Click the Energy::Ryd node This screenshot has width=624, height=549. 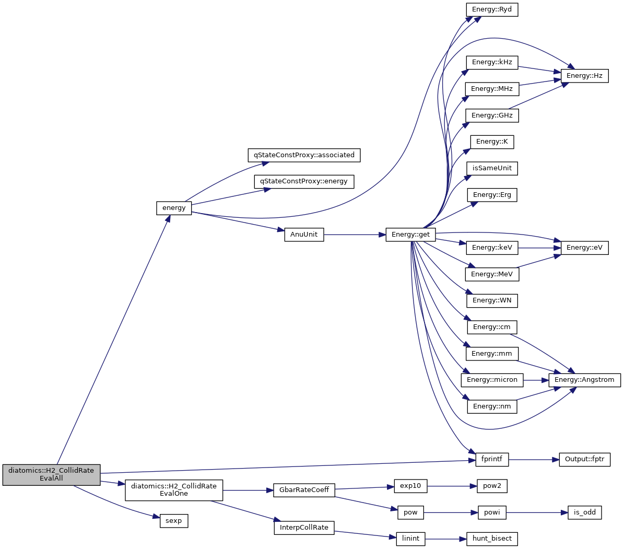point(492,10)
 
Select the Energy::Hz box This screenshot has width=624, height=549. point(584,76)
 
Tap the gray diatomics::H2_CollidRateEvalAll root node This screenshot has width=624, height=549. point(51,474)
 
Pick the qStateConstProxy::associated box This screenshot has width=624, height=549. point(304,155)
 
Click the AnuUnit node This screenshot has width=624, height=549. point(304,235)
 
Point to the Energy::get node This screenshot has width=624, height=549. point(410,235)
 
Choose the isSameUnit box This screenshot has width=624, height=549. point(492,168)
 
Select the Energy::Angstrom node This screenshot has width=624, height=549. point(584,380)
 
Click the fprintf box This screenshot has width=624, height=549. point(492,459)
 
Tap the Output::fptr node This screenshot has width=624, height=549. point(584,460)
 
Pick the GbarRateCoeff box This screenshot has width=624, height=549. point(304,490)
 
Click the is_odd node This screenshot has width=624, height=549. point(584,512)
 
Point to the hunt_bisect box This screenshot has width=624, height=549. point(492,539)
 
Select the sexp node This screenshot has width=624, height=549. point(173,521)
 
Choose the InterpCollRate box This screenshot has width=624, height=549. point(304,528)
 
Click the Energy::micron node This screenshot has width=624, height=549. point(492,380)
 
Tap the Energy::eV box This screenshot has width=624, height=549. point(584,248)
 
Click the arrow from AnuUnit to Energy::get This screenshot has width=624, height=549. point(355,235)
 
